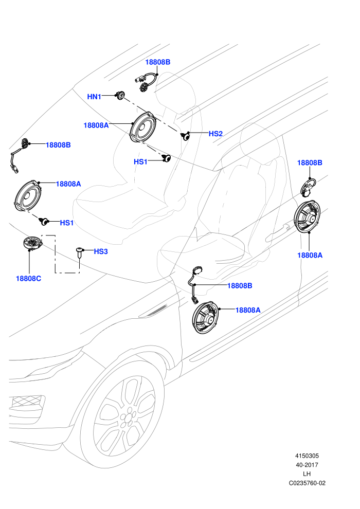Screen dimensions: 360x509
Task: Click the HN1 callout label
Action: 94,97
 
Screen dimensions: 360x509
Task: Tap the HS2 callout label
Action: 215,133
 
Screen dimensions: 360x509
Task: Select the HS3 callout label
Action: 101,251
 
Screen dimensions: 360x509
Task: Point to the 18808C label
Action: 29,279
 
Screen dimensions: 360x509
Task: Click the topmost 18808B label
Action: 158,62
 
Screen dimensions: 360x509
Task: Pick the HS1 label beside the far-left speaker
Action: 67,223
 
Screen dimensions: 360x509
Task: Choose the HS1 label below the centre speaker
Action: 140,161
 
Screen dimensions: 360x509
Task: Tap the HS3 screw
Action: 79,252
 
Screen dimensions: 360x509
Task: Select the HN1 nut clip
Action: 120,95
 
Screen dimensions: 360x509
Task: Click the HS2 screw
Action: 185,136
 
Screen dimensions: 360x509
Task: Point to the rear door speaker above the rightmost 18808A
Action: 308,216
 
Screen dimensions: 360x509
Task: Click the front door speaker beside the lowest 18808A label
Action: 206,317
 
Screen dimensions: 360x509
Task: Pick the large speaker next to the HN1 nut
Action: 143,128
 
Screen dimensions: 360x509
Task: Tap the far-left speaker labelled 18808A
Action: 28,196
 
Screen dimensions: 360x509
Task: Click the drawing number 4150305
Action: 307,456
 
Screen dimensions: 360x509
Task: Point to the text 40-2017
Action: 307,465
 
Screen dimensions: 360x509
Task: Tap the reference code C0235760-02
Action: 307,483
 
